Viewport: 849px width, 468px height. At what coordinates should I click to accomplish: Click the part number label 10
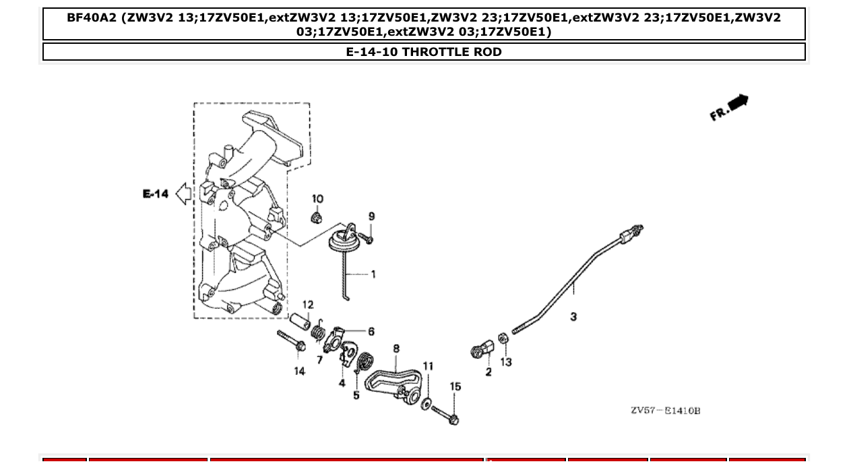coord(317,199)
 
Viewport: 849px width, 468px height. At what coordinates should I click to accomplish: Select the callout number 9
coord(371,216)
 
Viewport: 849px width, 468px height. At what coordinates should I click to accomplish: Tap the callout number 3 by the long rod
coord(573,316)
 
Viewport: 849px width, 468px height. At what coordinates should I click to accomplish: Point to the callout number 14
coord(299,371)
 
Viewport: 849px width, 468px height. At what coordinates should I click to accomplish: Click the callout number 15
coord(455,386)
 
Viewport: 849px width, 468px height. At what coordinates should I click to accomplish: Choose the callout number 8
coord(396,349)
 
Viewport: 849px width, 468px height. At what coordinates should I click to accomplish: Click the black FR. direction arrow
coord(738,103)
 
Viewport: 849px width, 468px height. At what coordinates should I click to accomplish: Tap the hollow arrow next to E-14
coord(183,194)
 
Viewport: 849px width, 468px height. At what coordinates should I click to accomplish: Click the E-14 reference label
coord(156,194)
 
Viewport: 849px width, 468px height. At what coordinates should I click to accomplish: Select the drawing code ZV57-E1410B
coord(665,411)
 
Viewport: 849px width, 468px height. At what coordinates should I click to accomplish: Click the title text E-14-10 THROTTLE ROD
coord(424,52)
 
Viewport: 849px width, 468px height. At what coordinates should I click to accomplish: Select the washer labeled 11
coord(427,403)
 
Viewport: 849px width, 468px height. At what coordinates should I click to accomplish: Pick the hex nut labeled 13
coord(502,338)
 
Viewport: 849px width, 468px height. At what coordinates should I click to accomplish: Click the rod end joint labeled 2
coord(482,351)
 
